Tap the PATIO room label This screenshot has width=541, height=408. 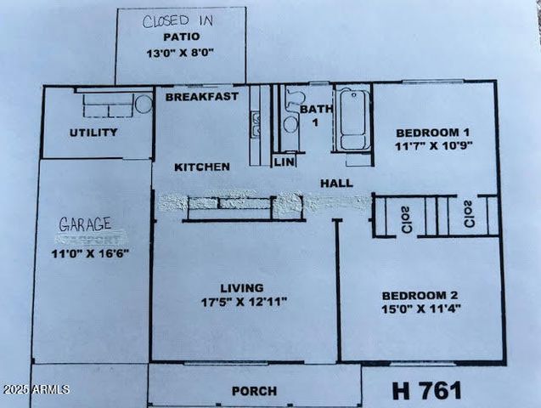[x=180, y=37]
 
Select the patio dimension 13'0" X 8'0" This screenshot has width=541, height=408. [x=180, y=53]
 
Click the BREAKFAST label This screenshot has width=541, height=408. [x=201, y=97]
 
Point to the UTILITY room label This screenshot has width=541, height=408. [x=93, y=133]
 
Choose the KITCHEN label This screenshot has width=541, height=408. [x=202, y=167]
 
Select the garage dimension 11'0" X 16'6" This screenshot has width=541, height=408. [x=89, y=253]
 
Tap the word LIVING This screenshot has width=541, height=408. [x=241, y=288]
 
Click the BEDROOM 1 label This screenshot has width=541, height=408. [x=433, y=132]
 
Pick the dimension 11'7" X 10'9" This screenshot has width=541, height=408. [x=433, y=146]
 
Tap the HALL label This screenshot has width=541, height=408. [x=336, y=183]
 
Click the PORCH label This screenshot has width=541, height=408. [x=254, y=391]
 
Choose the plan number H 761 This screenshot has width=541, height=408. [x=427, y=390]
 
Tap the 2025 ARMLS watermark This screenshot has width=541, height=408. [x=36, y=389]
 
